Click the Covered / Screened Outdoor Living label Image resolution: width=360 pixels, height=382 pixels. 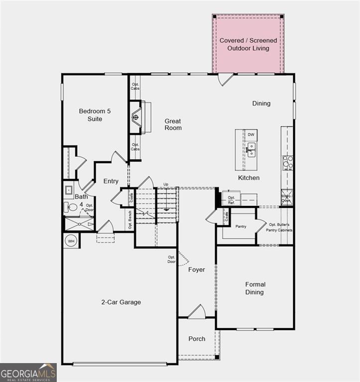(248, 44)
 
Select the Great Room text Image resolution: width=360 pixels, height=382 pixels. (173, 124)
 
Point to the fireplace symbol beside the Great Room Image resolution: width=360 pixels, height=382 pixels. (135, 117)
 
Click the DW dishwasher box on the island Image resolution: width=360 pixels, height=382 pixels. (251, 135)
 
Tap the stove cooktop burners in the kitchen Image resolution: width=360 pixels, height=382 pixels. (288, 163)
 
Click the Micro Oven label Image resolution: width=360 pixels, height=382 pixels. (287, 198)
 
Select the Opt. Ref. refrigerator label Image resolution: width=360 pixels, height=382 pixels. (231, 200)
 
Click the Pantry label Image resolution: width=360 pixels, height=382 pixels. (241, 226)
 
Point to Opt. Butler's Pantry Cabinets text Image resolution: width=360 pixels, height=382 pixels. (280, 227)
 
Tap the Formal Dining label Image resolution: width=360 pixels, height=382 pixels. (255, 288)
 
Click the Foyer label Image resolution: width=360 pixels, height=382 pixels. (196, 270)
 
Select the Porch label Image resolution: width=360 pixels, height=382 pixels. (197, 339)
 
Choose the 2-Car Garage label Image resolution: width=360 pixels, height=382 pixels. (121, 302)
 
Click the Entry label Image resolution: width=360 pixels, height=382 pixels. (111, 181)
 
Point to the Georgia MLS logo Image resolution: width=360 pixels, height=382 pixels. (28, 372)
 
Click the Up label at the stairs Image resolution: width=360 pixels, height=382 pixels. (166, 185)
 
